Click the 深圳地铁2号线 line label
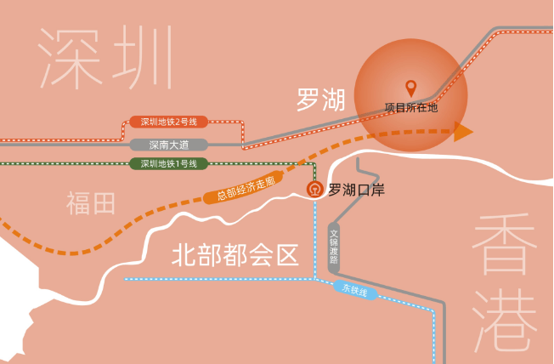coord(169,122)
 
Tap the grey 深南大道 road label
coord(169,145)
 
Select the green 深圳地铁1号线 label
coord(169,164)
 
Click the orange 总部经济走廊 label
coord(245,187)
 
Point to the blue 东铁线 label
coord(355,290)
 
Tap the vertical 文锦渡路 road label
coord(334,247)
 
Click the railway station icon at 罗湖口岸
coord(314,190)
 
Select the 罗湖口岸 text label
coord(357,190)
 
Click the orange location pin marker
coord(410,88)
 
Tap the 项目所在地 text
coord(411,107)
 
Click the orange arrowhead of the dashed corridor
coord(463,132)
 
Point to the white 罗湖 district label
coord(321,100)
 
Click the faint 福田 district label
coord(90,203)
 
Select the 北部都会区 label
coord(235,254)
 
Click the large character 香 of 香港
coord(505,244)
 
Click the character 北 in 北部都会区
coord(184,254)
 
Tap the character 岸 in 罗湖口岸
coord(378,190)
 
